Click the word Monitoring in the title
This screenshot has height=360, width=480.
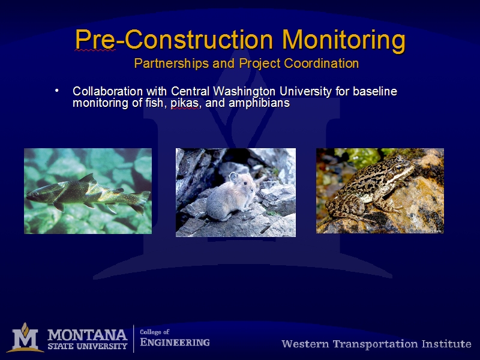pyautogui.click(x=344, y=40)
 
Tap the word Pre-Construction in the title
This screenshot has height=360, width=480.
pyautogui.click(x=174, y=39)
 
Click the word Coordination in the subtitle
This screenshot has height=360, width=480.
pyautogui.click(x=321, y=64)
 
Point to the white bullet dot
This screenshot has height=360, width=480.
pyautogui.click(x=56, y=91)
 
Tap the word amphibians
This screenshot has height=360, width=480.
pyautogui.click(x=259, y=103)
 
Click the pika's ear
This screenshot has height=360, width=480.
pyautogui.click(x=233, y=176)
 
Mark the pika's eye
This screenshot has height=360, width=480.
pyautogui.click(x=245, y=184)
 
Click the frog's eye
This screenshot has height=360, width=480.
pyautogui.click(x=398, y=168)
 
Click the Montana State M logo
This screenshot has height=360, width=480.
pyautogui.click(x=26, y=338)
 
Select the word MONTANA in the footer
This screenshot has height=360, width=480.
pyautogui.click(x=87, y=335)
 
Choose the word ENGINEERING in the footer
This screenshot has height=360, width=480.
pyautogui.click(x=175, y=342)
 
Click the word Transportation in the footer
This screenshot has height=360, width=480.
pyautogui.click(x=376, y=344)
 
